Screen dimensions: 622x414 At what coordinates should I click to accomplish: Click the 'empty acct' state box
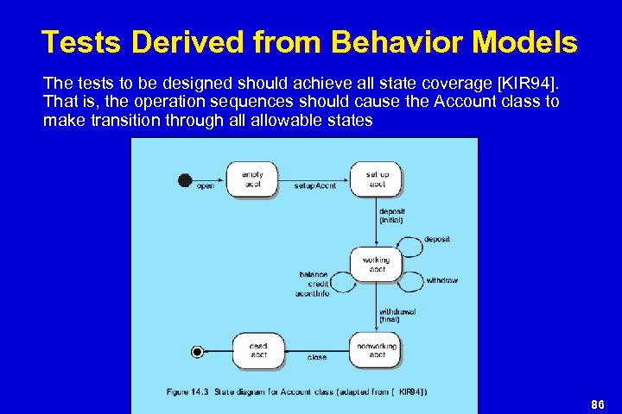[x=252, y=179]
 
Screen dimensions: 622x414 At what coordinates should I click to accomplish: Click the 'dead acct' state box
[x=258, y=350]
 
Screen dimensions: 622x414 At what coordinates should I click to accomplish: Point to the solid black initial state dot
[x=184, y=179]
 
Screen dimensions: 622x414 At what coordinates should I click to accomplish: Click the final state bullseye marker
[x=198, y=351]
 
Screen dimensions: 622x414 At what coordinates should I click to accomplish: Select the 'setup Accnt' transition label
[x=314, y=185]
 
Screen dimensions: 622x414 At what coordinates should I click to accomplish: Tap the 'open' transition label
[x=206, y=185]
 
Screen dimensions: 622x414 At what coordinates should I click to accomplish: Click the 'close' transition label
[x=317, y=357]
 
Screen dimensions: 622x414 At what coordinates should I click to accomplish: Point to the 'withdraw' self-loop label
[x=442, y=280]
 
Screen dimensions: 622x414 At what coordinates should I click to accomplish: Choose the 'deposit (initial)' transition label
[x=391, y=216]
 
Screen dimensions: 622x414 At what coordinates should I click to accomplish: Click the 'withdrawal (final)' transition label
[x=397, y=316]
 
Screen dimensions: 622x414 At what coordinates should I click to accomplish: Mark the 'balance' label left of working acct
[x=314, y=274]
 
